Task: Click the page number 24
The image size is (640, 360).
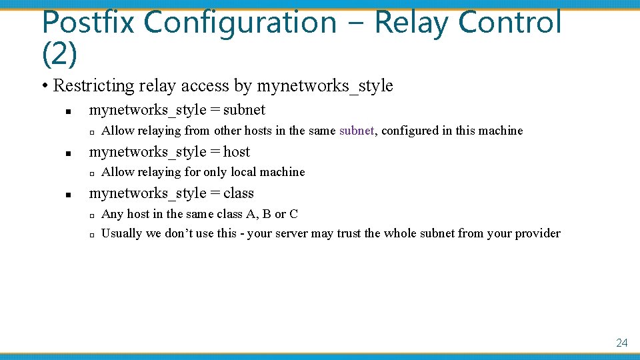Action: (621, 343)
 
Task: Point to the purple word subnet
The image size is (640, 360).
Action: (357, 131)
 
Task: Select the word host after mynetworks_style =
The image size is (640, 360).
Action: (237, 152)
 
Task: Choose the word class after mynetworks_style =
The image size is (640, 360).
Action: (239, 193)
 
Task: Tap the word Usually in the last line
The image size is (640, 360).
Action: (122, 233)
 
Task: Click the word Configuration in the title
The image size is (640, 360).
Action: (241, 23)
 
